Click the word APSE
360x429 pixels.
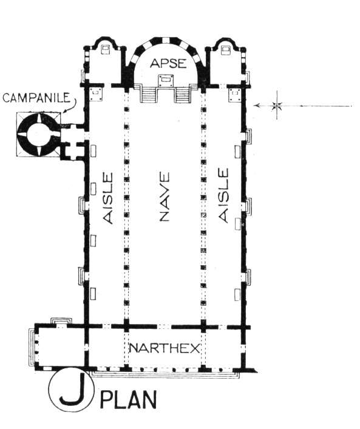[168, 63]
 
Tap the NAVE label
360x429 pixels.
[165, 197]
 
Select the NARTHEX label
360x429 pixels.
[165, 348]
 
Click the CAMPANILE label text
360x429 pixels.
[36, 98]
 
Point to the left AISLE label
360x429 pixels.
[108, 198]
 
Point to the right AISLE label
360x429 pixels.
[223, 195]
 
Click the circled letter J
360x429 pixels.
[72, 390]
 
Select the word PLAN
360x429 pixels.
[128, 400]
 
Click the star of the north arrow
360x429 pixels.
[277, 106]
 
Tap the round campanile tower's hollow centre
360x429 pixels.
[38, 134]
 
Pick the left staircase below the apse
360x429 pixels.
[149, 95]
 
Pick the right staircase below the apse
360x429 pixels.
[183, 95]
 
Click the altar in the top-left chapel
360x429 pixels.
[106, 49]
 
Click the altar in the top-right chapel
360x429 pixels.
[226, 49]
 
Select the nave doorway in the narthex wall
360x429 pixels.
[165, 326]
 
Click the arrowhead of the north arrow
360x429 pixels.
[257, 106]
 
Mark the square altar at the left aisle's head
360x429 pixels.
[96, 94]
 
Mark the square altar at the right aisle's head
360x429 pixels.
[234, 94]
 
